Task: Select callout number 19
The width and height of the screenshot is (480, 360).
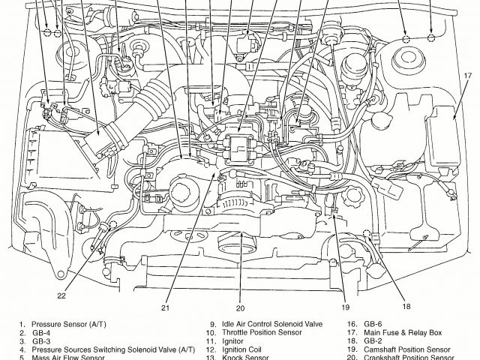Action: click(346, 306)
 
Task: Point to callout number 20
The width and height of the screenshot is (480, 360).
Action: click(240, 307)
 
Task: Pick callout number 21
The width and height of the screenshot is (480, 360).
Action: click(164, 307)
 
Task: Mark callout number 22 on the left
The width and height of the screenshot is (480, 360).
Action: click(61, 295)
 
